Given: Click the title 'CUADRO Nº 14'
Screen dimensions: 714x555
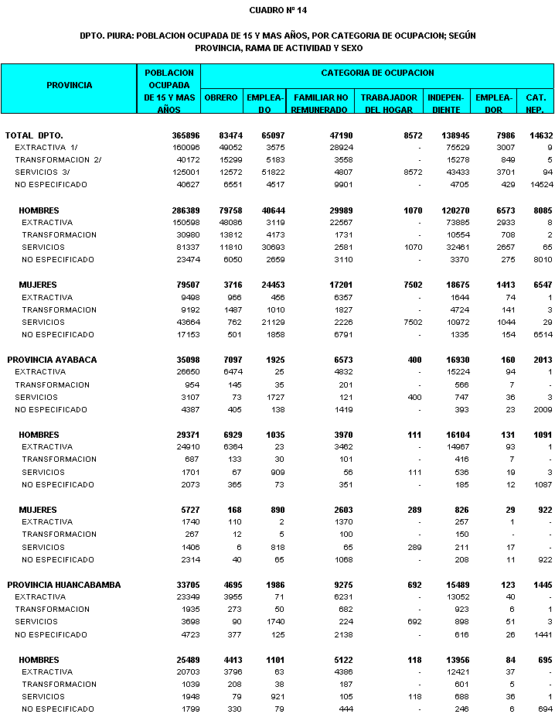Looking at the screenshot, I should click(x=277, y=11).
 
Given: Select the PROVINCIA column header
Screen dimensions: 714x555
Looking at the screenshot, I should click(x=69, y=85).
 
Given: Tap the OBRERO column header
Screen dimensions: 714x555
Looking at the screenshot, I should click(x=221, y=98).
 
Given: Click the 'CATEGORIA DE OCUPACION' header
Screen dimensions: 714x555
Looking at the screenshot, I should click(x=377, y=73).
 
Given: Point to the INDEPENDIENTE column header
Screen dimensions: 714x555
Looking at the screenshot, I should click(x=445, y=104).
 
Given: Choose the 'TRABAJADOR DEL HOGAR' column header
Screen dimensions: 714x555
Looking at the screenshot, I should click(x=390, y=104).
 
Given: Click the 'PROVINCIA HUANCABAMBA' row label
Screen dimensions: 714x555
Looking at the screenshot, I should click(x=64, y=585).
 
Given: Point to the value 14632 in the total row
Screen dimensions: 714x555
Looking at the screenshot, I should click(x=539, y=135).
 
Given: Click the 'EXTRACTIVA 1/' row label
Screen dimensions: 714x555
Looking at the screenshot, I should click(x=46, y=148).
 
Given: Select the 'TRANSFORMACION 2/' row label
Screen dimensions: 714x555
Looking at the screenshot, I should click(x=58, y=160).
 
